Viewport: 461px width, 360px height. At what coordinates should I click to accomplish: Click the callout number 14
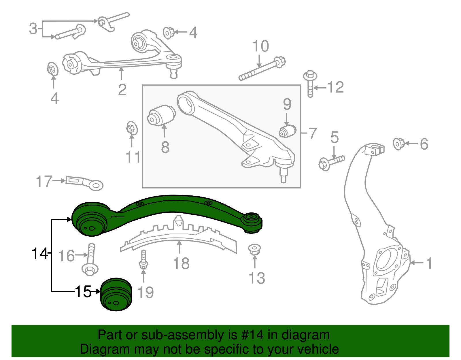pyautogui.click(x=39, y=254)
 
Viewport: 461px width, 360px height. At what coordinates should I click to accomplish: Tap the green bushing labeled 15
pyautogui.click(x=116, y=295)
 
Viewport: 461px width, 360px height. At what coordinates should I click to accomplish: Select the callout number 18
pyautogui.click(x=181, y=263)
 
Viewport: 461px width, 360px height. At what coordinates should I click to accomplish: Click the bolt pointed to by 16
pyautogui.click(x=90, y=259)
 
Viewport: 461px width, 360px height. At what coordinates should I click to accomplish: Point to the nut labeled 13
pyautogui.click(x=254, y=249)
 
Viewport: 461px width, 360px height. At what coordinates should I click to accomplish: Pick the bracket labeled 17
pyautogui.click(x=84, y=182)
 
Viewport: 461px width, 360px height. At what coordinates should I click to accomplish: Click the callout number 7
pyautogui.click(x=313, y=133)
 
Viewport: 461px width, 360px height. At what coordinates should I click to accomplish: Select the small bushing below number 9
pyautogui.click(x=288, y=131)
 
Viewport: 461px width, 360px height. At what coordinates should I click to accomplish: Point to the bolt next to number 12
pyautogui.click(x=310, y=84)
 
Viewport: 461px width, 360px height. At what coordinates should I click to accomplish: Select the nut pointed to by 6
pyautogui.click(x=399, y=144)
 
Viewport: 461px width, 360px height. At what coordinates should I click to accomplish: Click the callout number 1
pyautogui.click(x=429, y=263)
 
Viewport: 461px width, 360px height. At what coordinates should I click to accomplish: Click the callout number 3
pyautogui.click(x=33, y=29)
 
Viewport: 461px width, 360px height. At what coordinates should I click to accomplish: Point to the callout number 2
pyautogui.click(x=122, y=90)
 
